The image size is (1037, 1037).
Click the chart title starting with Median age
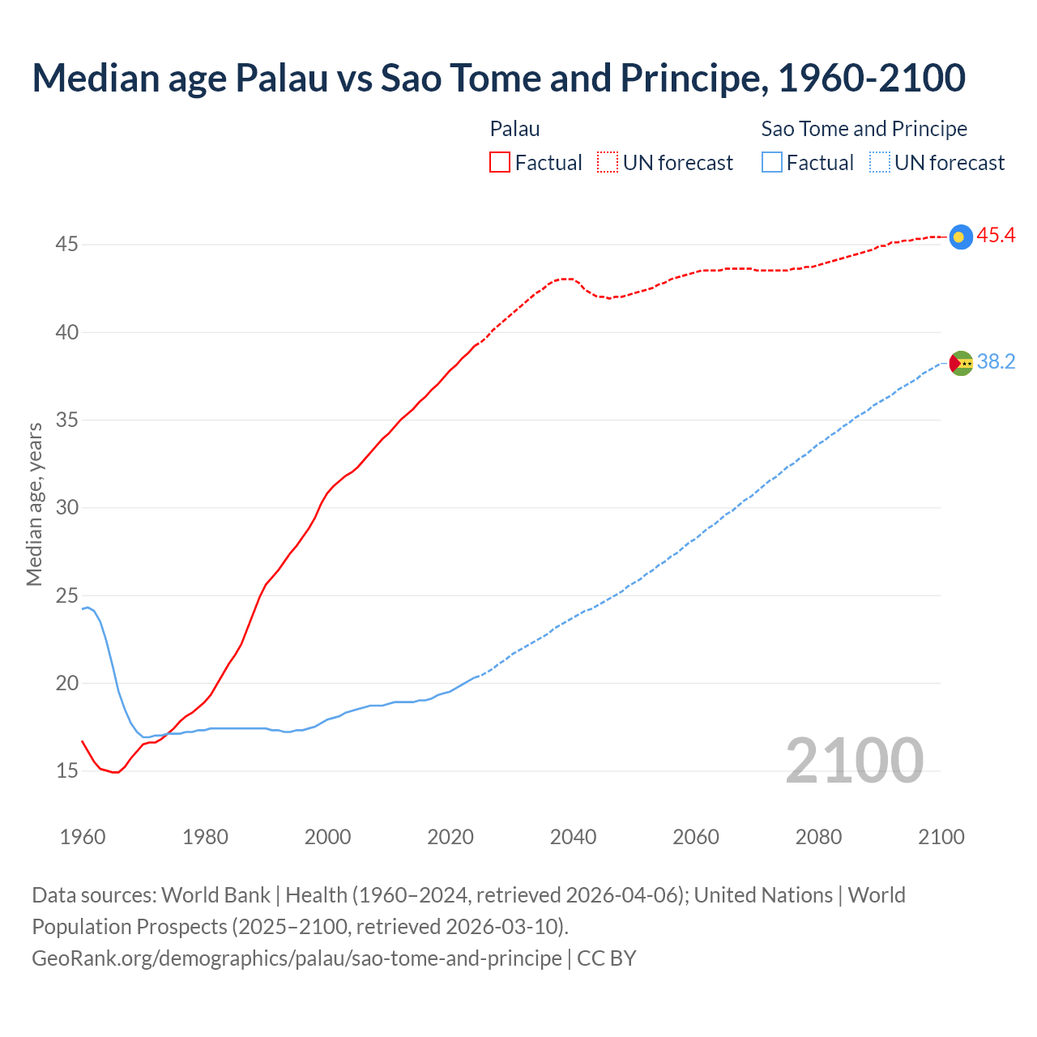click(498, 78)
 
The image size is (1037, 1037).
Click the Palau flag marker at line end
click(960, 237)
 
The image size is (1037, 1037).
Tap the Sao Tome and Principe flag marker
click(960, 363)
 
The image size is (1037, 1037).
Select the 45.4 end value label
click(996, 236)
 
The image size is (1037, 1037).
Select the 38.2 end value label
click(996, 362)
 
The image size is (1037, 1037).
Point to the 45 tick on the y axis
click(66, 244)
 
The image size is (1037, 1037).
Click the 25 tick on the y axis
click(66, 595)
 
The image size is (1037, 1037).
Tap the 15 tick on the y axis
click(66, 770)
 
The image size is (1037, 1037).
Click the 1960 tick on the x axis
click(83, 837)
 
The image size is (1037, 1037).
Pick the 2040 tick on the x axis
click(573, 837)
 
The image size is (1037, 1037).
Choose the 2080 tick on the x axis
click(818, 837)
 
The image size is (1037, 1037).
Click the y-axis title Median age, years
click(34, 504)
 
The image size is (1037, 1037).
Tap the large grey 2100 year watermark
click(854, 761)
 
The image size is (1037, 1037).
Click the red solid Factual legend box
click(500, 163)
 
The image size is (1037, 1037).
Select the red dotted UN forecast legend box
click(608, 163)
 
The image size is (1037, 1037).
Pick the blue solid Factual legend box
click(772, 163)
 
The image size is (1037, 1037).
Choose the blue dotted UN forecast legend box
click(880, 163)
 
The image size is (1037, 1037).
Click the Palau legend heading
click(514, 129)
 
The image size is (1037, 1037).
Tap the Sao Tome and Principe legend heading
click(864, 129)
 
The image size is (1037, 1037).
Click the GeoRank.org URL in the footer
click(297, 958)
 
